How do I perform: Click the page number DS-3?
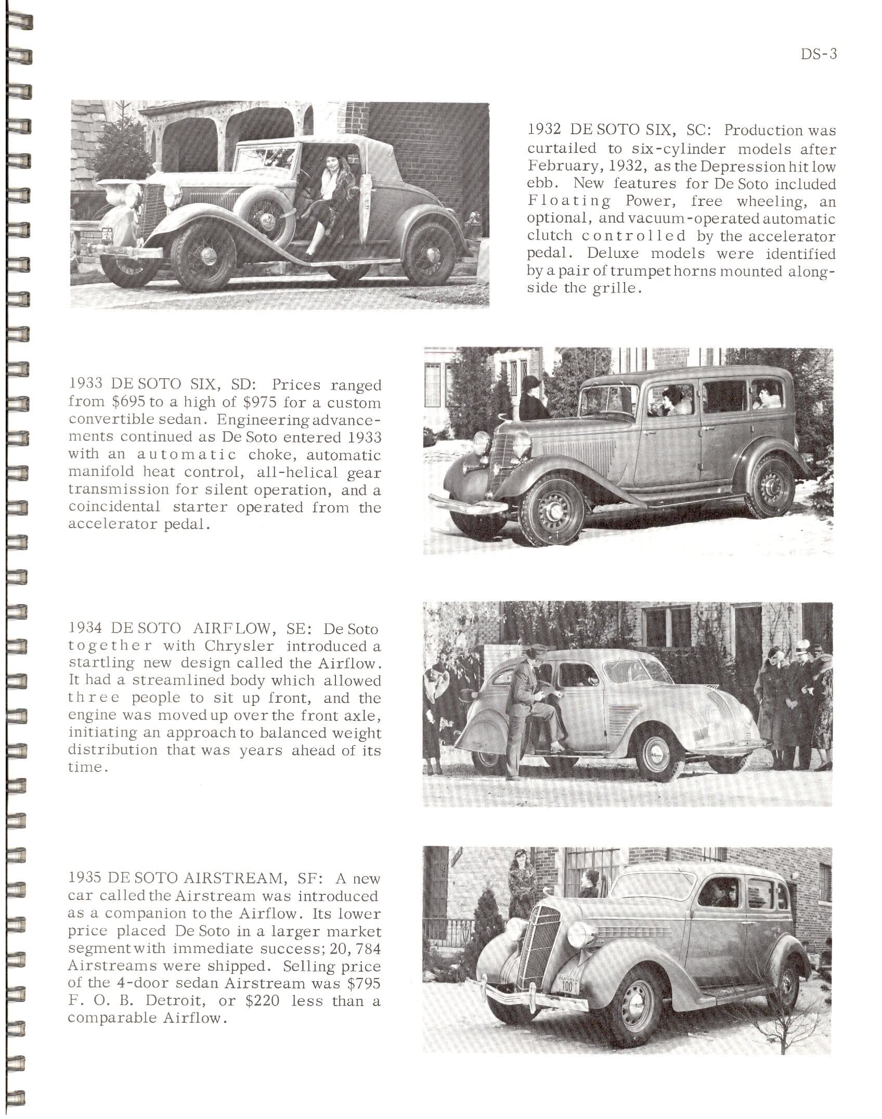819,55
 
